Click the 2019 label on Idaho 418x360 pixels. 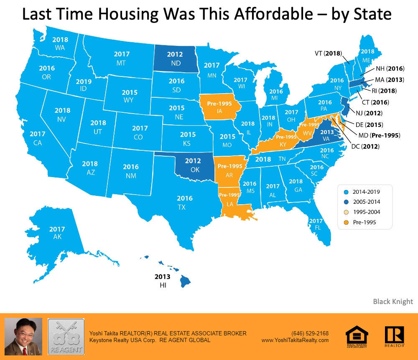coord(84,82)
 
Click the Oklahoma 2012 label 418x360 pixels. coord(193,161)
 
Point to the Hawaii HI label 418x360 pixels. coord(162,286)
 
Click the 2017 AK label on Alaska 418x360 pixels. coord(57,233)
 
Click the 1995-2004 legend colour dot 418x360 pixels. coord(345,212)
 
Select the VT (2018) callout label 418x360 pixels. coord(329,53)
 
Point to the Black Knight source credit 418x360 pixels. coord(393,302)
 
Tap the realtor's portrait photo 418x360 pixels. coord(23,337)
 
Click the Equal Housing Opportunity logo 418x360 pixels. coord(357,337)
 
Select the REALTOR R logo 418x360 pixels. coord(394,337)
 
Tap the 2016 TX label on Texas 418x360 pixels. coord(184,203)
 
